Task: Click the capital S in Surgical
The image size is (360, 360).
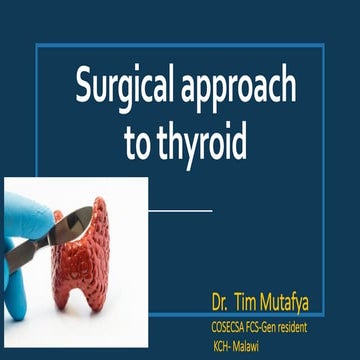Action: pyautogui.click(x=85, y=90)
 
